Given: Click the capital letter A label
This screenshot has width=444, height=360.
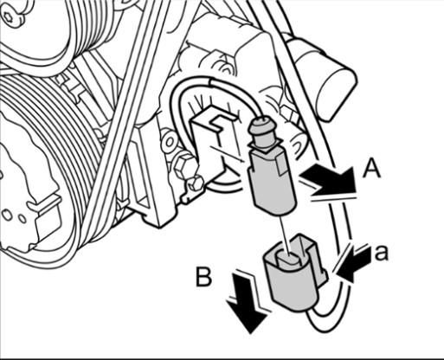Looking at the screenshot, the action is pos(371,170).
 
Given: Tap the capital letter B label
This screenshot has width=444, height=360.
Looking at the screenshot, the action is pos(204,277).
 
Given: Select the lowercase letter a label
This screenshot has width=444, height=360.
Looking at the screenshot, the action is pos(382,253).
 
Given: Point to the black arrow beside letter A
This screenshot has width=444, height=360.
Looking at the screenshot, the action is pos(328,179).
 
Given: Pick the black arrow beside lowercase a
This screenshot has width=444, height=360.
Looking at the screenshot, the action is pos(352,262).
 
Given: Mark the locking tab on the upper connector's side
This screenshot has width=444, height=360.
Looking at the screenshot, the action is pos(283,164).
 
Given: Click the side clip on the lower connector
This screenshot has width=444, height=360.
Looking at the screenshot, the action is pos(324,275).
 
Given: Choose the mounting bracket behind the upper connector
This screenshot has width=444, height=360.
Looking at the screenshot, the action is pos(214,138).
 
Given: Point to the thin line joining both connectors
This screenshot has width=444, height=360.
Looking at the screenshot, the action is pos(284,235).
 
